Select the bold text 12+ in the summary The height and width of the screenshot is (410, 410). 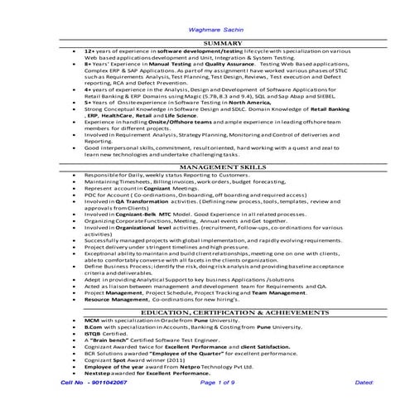pyautogui.click(x=90, y=51)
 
